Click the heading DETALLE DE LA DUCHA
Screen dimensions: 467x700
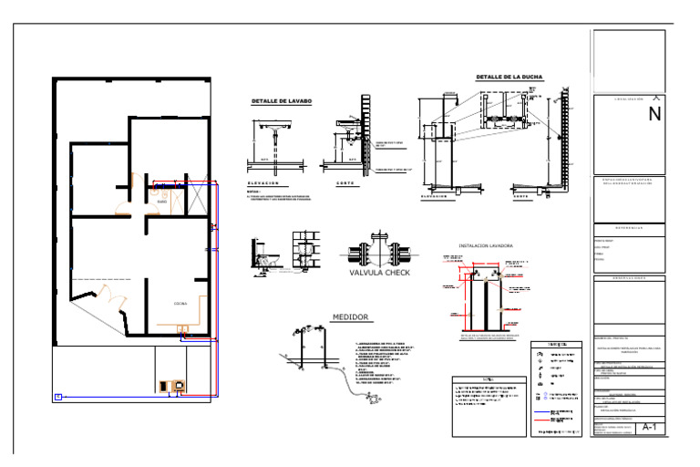coord(509,78)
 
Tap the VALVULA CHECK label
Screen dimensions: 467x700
coord(380,272)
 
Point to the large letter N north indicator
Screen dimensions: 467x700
coord(654,115)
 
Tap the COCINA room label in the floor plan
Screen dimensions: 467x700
coord(180,302)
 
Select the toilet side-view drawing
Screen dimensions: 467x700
coord(266,258)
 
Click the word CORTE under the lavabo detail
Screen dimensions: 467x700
coord(343,183)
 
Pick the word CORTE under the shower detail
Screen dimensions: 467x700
coord(520,197)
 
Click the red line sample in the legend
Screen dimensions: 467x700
coord(548,426)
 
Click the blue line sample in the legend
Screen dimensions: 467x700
coord(548,413)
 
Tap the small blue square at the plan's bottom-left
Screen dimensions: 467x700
coord(58,396)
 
